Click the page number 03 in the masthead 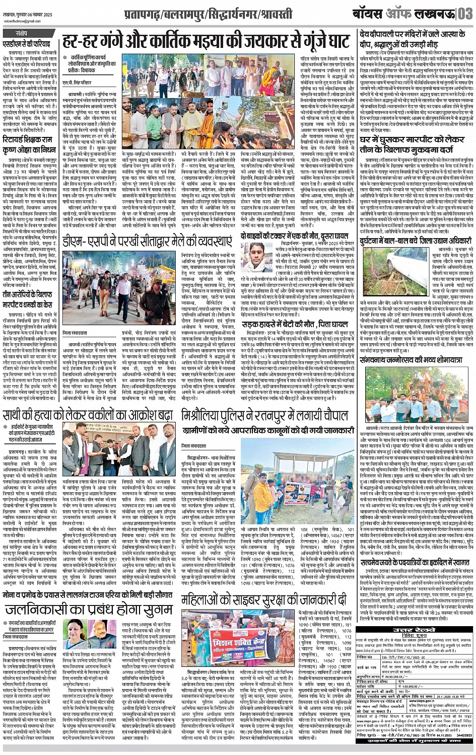[x=464, y=13]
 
